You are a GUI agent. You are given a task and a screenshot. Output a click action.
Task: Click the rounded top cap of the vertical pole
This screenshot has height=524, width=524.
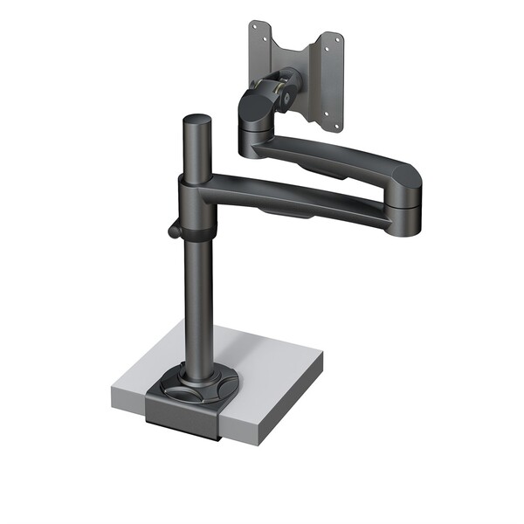pos(196,121)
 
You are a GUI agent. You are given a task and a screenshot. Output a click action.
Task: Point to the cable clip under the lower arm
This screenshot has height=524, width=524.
pos(288,213)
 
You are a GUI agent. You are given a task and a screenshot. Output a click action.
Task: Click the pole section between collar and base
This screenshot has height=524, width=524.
pos(197,297)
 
